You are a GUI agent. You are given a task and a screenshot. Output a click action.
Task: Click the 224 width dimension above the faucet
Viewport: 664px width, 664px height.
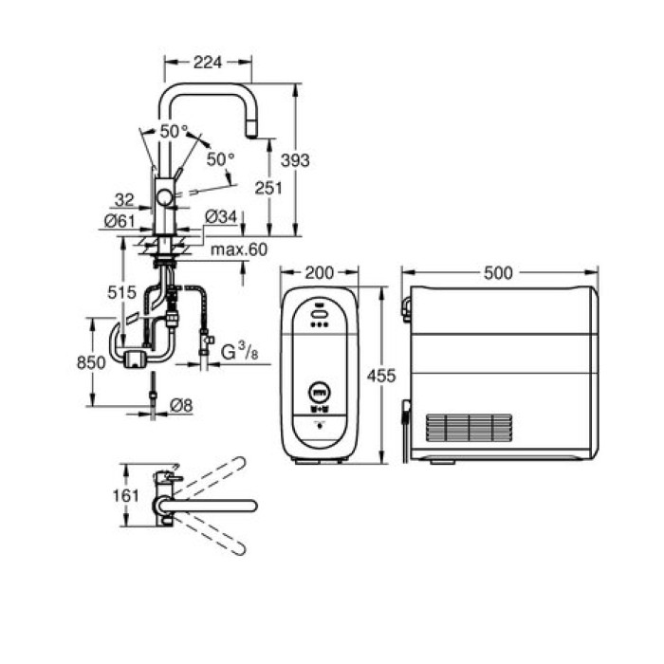coord(208,62)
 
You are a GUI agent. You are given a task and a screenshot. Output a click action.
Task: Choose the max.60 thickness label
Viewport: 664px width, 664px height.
coord(239,249)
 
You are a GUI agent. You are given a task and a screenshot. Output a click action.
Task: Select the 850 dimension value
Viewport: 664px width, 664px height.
coord(91,361)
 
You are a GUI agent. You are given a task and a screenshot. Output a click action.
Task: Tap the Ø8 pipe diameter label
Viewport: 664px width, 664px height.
coord(181,405)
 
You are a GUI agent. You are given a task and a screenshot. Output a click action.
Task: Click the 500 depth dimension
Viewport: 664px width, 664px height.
coord(497,273)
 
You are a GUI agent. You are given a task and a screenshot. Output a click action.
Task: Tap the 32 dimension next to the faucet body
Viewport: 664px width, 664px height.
coord(123,200)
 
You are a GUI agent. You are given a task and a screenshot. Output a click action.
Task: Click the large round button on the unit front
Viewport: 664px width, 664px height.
coord(320,389)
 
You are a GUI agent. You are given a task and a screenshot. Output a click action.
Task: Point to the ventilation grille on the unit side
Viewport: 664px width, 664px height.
coord(470,428)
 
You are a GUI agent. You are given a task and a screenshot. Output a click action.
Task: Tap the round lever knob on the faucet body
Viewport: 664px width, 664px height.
coord(166,197)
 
